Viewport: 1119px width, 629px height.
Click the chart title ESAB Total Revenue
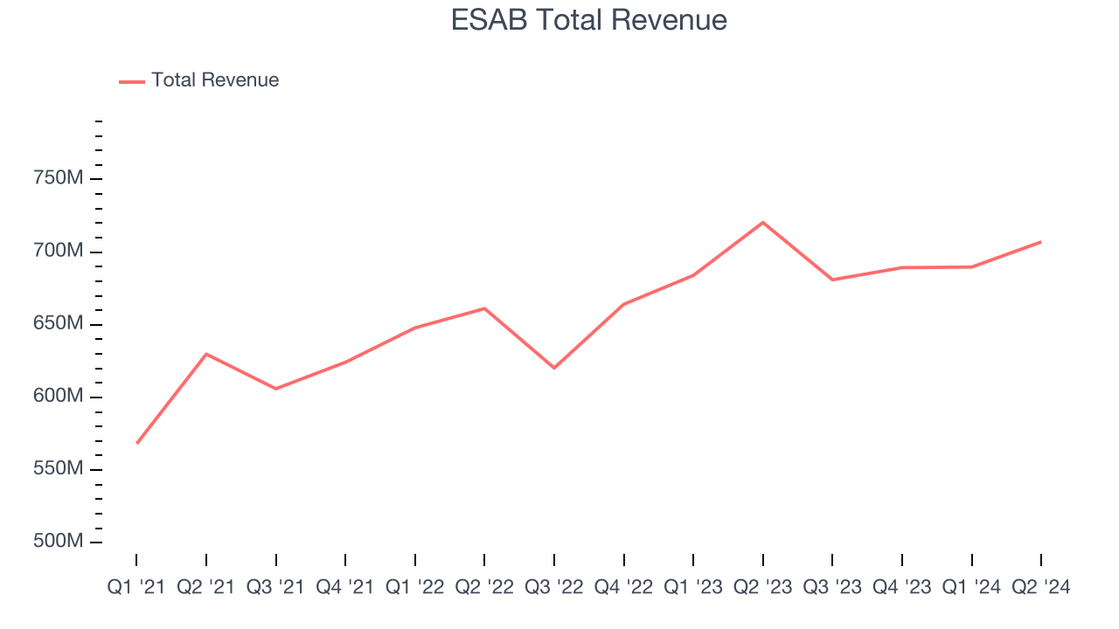tap(588, 19)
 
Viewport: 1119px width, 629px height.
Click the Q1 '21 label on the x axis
tap(136, 588)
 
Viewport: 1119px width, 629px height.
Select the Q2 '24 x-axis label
tap(1040, 588)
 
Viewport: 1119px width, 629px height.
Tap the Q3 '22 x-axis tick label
tap(554, 588)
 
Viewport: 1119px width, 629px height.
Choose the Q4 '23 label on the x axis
tap(901, 588)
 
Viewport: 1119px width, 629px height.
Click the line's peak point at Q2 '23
tap(763, 222)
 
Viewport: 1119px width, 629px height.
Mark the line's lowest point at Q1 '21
tap(137, 443)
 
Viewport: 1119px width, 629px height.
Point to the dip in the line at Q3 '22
tap(554, 368)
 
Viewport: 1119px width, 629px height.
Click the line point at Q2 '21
tap(206, 354)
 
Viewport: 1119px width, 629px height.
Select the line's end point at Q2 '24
tap(1040, 242)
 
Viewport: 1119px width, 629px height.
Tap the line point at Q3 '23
tap(832, 280)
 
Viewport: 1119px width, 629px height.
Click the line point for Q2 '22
tap(484, 308)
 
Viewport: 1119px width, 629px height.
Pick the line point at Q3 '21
tap(276, 389)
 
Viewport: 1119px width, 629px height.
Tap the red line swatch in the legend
tap(132, 81)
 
